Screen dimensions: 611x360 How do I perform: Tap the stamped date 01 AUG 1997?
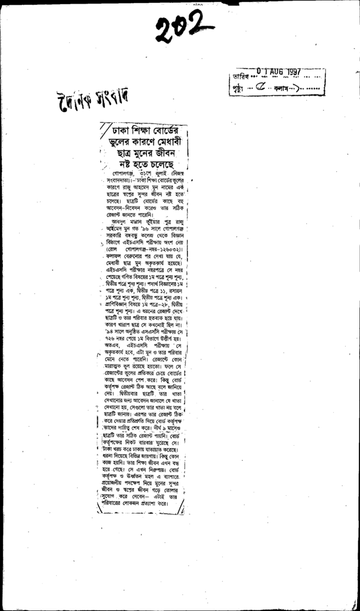(279, 72)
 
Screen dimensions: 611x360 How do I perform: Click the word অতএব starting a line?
(110, 345)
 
